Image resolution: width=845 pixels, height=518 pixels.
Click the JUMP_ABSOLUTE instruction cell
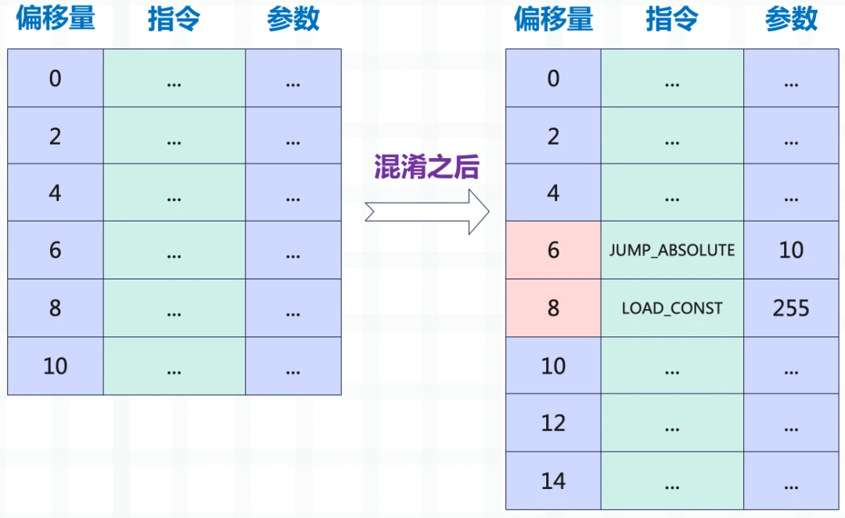pyautogui.click(x=672, y=250)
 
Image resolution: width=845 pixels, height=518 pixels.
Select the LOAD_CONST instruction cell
pyautogui.click(x=672, y=308)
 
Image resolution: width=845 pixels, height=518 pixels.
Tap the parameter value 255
pyautogui.click(x=791, y=308)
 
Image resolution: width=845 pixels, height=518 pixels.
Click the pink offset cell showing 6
pyautogui.click(x=553, y=250)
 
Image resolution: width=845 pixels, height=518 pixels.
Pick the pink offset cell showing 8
pyautogui.click(x=553, y=308)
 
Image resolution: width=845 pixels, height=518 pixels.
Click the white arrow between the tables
pyautogui.click(x=427, y=212)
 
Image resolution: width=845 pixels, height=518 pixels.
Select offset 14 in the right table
pyautogui.click(x=553, y=480)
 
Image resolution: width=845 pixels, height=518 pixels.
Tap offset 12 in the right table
pyautogui.click(x=553, y=423)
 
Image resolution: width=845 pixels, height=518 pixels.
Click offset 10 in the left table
pyautogui.click(x=55, y=366)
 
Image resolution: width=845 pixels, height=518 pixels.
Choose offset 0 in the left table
pyautogui.click(x=55, y=79)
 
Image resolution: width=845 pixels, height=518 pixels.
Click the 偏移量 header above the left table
pyautogui.click(x=56, y=18)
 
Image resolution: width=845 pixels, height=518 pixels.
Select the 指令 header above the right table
pyautogui.click(x=672, y=18)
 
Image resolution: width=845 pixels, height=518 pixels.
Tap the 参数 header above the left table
pyautogui.click(x=293, y=18)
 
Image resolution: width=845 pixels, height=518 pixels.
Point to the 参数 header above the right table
pyautogui.click(x=791, y=18)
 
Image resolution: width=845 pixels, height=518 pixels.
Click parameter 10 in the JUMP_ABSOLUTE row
pyautogui.click(x=791, y=250)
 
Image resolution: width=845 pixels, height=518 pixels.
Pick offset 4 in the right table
pyautogui.click(x=553, y=193)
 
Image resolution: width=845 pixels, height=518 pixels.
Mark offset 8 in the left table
pyautogui.click(x=55, y=308)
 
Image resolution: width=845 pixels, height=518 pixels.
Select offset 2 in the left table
pyautogui.click(x=55, y=136)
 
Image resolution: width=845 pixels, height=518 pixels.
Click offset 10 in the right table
pyautogui.click(x=553, y=366)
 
